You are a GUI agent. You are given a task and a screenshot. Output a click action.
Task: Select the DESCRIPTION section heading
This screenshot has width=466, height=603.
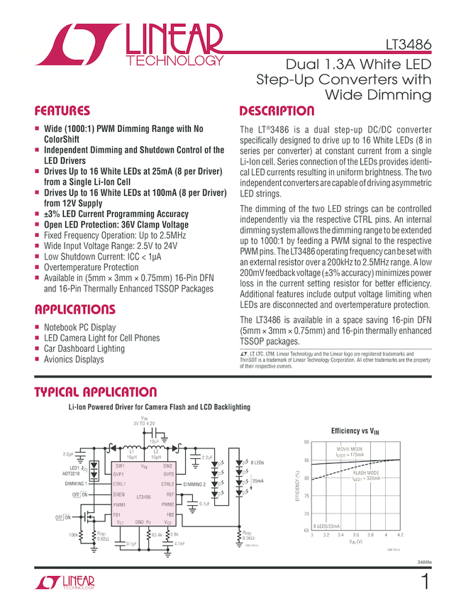[277, 111]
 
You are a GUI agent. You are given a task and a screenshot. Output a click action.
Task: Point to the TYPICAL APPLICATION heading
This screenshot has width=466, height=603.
[95, 392]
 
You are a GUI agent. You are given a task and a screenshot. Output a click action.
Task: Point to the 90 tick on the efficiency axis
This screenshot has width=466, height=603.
[306, 442]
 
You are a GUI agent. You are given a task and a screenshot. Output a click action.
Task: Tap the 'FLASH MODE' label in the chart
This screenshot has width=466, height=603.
[366, 472]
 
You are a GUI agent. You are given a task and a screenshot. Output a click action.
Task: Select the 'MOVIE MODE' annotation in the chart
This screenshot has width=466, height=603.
[349, 450]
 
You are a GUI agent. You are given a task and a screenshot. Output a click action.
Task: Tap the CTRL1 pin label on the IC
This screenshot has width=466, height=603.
[119, 484]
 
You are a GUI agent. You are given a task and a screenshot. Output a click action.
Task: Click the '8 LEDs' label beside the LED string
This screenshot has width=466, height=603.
[255, 462]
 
